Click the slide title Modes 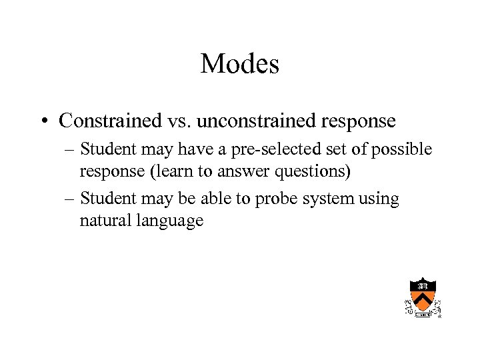point(239,64)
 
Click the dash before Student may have point(69,150)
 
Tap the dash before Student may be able point(69,199)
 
